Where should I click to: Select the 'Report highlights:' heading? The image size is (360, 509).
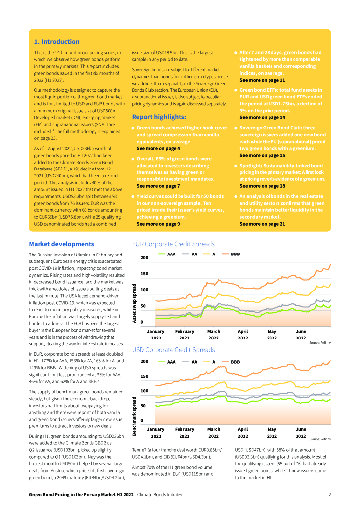[159, 117]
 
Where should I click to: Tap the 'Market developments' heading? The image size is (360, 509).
[61, 244]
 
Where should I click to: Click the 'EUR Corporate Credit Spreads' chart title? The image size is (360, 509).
[173, 244]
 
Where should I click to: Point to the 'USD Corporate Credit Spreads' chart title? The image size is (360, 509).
[173, 350]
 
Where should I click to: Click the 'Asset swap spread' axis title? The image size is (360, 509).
[134, 303]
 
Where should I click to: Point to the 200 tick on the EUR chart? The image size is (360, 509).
[144, 258]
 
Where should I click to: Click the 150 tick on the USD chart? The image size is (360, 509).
[144, 376]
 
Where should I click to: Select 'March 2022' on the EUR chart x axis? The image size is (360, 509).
[214, 334]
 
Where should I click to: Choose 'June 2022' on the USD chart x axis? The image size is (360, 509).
[301, 432]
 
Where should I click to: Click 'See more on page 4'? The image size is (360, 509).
[158, 149]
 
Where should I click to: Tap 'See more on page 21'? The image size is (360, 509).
[262, 224]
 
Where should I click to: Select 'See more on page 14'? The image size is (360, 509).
[262, 118]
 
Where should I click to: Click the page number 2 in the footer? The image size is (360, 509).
[329, 495]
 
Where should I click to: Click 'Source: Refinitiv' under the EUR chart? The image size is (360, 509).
[320, 343]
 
